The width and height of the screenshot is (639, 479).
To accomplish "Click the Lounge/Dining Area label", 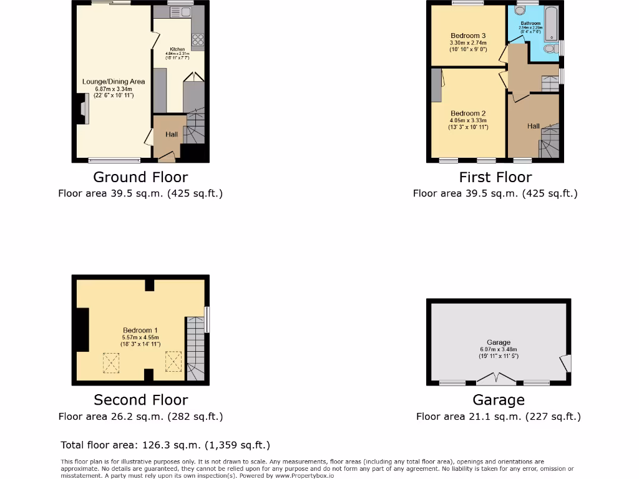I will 114,81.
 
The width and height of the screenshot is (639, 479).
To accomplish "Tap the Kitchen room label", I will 177,49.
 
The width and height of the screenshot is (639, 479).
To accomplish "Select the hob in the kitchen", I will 198,40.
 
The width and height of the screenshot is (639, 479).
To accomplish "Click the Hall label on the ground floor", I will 171,134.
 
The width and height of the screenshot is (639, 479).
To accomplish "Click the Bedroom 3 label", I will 468,36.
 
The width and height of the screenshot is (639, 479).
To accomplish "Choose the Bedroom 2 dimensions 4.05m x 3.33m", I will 468,120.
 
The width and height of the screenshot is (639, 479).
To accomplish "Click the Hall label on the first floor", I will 533,126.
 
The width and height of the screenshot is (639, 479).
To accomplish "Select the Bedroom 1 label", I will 140,330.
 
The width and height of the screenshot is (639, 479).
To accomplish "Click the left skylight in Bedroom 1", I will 110,361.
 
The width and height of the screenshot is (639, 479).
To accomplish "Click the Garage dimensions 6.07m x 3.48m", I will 499,349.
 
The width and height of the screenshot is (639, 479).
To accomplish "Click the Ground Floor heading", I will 140,177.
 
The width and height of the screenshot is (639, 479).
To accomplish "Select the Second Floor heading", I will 140,400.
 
